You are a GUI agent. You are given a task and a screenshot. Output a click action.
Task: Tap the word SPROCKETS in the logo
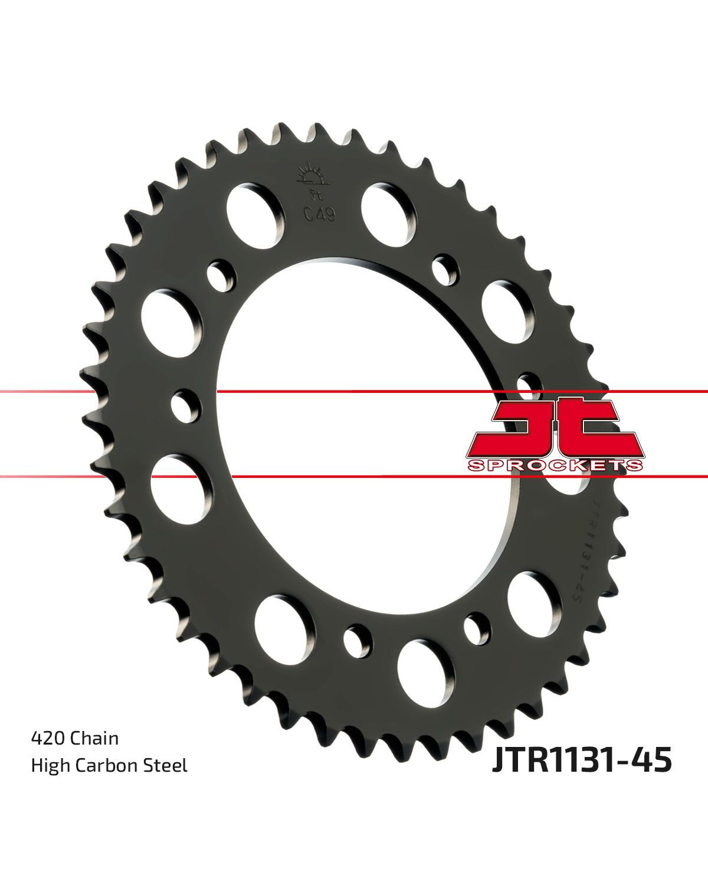pyautogui.click(x=555, y=466)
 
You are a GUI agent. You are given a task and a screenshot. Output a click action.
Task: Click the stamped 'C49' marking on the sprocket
pyautogui.click(x=320, y=215)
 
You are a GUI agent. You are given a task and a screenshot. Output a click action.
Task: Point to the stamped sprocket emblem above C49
pyautogui.click(x=314, y=181)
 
